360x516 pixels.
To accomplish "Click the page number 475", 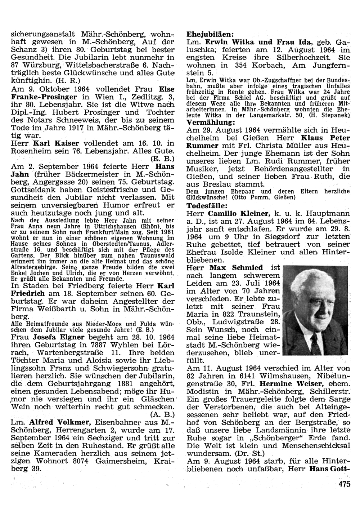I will pyautogui.click(x=344, y=484).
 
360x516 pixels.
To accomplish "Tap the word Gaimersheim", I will pyautogui.click(x=111, y=462).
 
